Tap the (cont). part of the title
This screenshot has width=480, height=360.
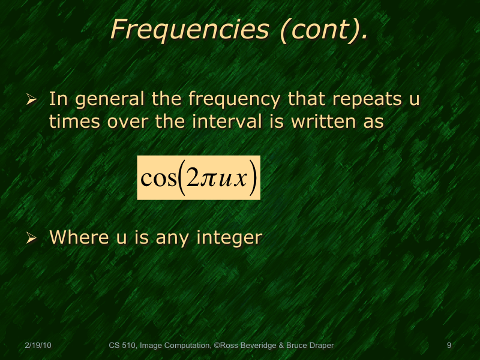[x=323, y=30]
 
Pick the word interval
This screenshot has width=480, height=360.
[x=227, y=121]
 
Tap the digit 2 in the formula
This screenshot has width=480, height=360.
[x=193, y=179]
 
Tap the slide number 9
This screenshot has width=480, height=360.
[x=449, y=345]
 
